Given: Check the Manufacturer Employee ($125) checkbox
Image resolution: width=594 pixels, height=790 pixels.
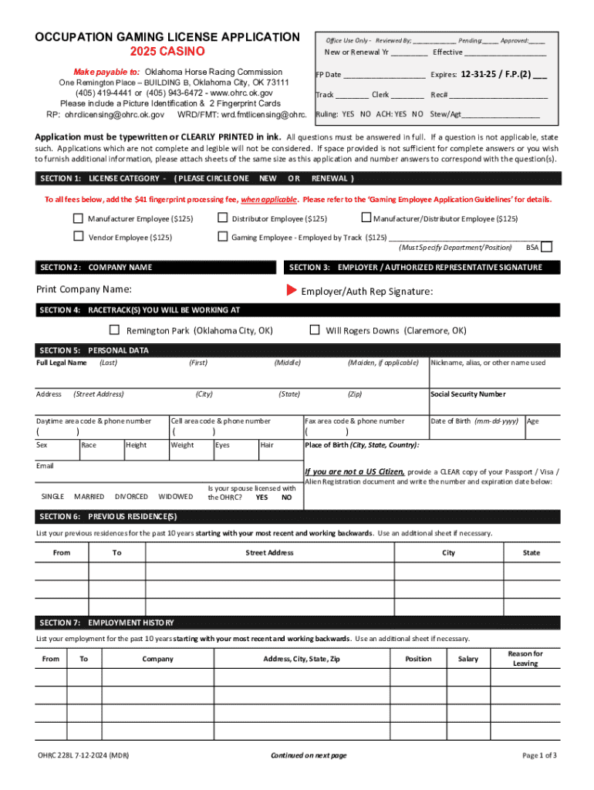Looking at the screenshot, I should (78, 218).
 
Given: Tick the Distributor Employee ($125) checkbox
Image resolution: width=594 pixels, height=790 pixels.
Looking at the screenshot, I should (222, 218).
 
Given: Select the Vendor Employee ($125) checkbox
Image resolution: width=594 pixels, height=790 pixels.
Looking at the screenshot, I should (78, 237).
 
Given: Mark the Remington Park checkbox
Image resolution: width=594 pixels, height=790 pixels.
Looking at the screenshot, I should (114, 330).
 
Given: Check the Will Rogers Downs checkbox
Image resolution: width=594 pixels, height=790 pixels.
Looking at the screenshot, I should (314, 330).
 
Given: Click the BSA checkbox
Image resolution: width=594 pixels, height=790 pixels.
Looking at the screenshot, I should (546, 248).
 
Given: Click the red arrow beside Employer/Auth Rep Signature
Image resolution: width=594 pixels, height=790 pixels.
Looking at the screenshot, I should (292, 291).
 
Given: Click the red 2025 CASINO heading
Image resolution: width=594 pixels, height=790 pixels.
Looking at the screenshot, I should (167, 52).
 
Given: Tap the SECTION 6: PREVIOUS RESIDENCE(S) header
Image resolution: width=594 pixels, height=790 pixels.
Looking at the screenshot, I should (108, 516).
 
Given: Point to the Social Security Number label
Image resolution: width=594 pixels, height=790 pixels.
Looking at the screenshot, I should (467, 394).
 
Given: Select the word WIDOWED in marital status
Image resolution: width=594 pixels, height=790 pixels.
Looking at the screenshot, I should (175, 496).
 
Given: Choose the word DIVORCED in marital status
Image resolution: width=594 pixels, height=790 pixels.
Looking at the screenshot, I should (131, 496).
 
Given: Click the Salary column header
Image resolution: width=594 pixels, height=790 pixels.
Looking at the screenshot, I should (467, 659).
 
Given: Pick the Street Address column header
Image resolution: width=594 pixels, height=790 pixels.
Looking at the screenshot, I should (269, 552).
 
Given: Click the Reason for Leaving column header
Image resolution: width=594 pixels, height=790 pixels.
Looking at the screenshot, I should (525, 658).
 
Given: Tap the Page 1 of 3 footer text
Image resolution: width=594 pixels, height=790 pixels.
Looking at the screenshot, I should (539, 755).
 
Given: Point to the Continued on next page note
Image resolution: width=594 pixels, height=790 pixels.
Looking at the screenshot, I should (309, 755).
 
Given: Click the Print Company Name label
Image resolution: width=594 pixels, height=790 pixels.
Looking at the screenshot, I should (83, 289).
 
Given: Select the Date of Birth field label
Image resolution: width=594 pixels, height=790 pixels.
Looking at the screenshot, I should (474, 421).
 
